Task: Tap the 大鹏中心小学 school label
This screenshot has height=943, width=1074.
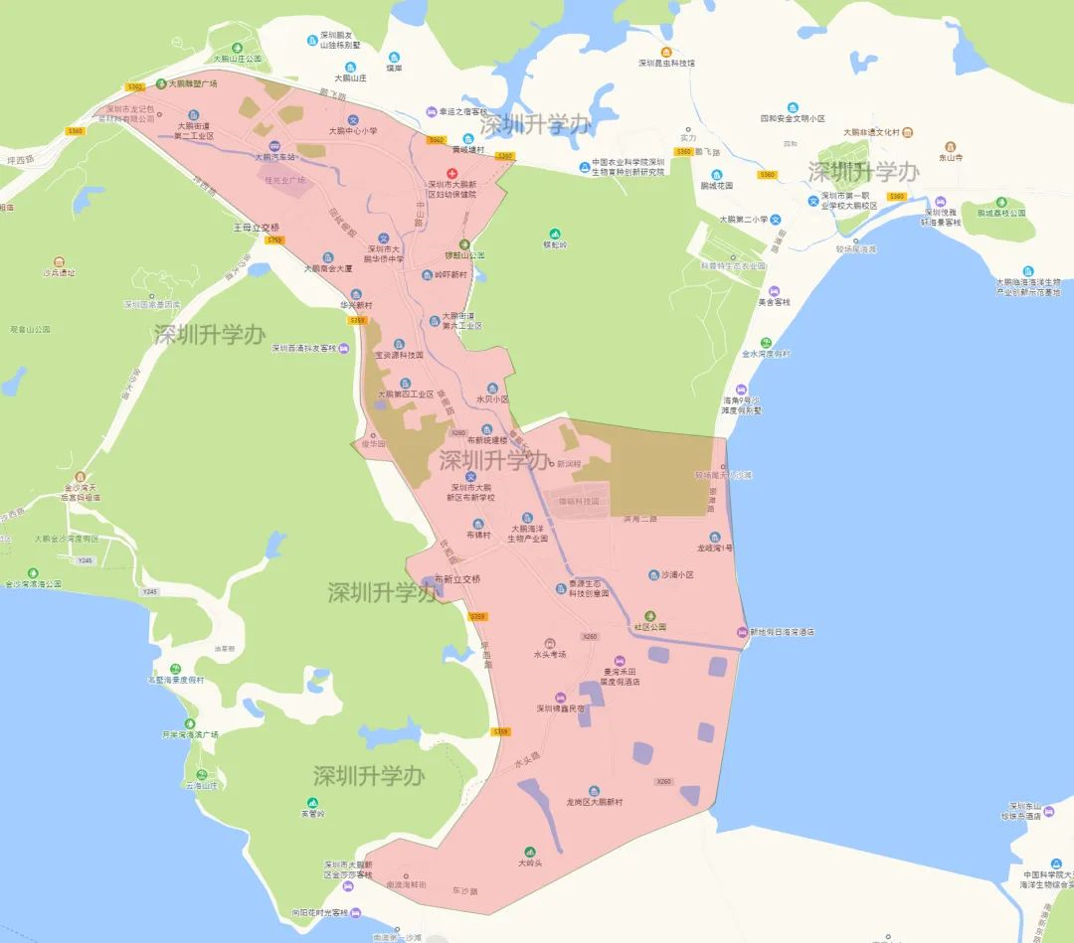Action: pos(354,131)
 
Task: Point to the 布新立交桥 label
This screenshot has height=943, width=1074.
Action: pos(457,578)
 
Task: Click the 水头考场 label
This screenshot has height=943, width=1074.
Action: pos(550,654)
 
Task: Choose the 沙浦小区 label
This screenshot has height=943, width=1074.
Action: pos(676,574)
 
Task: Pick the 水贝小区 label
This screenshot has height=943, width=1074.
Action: pos(491,399)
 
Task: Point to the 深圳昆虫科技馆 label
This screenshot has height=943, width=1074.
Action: pos(666,63)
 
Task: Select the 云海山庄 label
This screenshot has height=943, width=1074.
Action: pos(200,785)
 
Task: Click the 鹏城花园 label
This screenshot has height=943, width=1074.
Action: pos(716,186)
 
